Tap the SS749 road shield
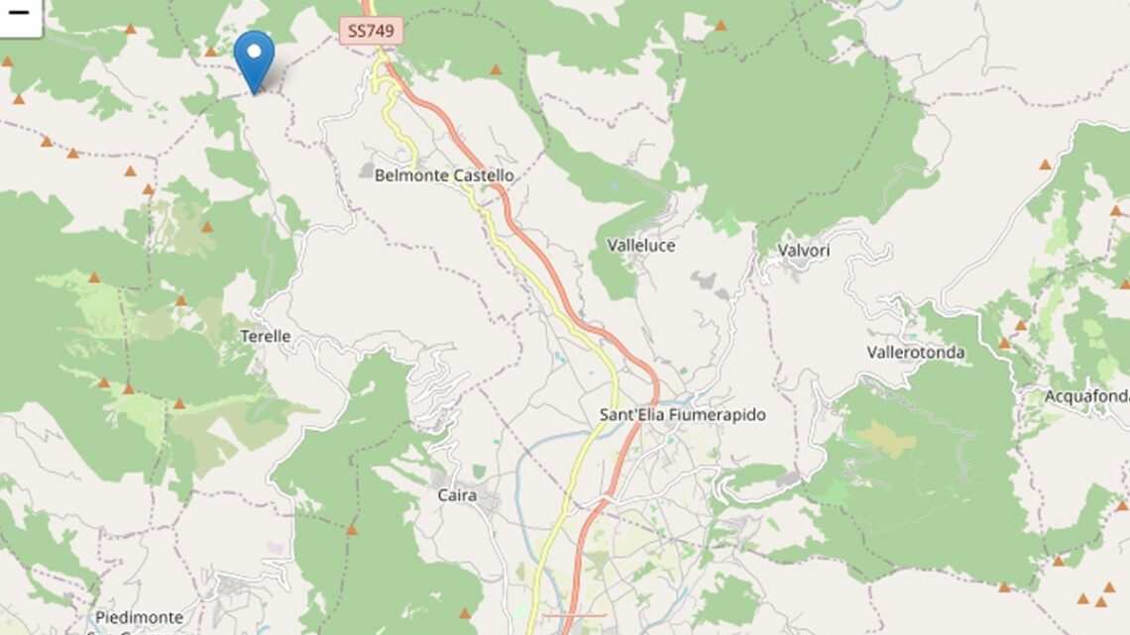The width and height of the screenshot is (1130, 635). click(x=372, y=31)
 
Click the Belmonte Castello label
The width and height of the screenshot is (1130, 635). click(x=444, y=175)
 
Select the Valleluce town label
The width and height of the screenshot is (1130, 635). click(x=640, y=245)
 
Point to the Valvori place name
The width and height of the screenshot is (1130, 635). click(x=804, y=251)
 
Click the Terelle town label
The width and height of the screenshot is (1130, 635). click(x=266, y=336)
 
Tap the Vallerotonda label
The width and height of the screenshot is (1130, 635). click(x=915, y=352)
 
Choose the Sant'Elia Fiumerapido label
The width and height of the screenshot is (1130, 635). click(x=682, y=414)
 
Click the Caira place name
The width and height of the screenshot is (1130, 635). click(x=457, y=495)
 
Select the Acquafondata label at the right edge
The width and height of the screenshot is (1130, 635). click(x=1086, y=396)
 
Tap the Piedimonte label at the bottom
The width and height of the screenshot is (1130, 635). click(x=139, y=617)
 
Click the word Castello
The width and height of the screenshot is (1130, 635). click(x=484, y=175)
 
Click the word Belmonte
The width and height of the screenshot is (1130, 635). click(x=409, y=175)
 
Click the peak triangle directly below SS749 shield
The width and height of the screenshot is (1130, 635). click(x=495, y=70)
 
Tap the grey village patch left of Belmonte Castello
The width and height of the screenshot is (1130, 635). click(x=367, y=170)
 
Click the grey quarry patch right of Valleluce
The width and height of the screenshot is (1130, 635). click(x=706, y=283)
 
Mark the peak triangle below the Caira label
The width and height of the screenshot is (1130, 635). click(x=351, y=530)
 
